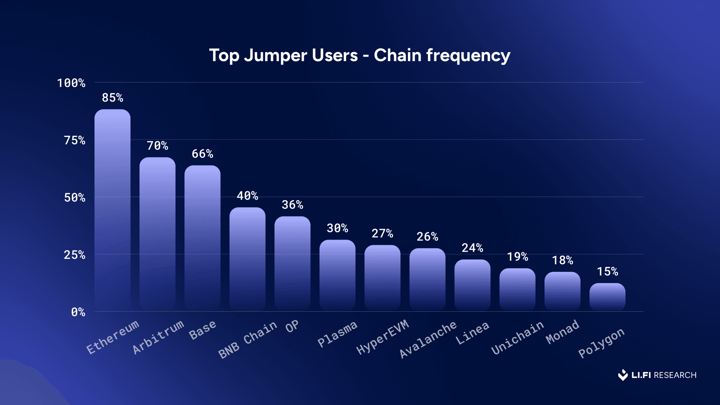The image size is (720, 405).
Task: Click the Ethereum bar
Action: [x=112, y=210]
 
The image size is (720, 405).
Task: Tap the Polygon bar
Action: [x=607, y=297]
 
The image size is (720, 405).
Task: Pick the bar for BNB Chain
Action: [x=247, y=259]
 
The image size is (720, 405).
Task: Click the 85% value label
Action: [x=112, y=98]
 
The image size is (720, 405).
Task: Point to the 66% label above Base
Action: [x=202, y=154]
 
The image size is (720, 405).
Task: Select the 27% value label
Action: [x=382, y=234]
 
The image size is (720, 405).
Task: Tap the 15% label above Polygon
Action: [x=607, y=271]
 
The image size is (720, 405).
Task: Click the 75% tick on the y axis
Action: [x=75, y=141]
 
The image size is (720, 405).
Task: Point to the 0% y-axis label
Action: [x=78, y=312]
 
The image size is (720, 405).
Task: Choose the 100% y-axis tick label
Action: [x=71, y=83]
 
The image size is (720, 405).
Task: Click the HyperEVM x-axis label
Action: [x=382, y=337]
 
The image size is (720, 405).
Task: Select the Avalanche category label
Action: [x=428, y=339]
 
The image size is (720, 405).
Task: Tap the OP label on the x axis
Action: [x=292, y=326]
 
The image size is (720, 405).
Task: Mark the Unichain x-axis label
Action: [x=517, y=337]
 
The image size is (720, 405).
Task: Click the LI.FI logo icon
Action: [x=623, y=375]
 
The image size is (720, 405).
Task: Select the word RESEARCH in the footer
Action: [x=675, y=375]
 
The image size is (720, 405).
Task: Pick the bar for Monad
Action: [x=562, y=291]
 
